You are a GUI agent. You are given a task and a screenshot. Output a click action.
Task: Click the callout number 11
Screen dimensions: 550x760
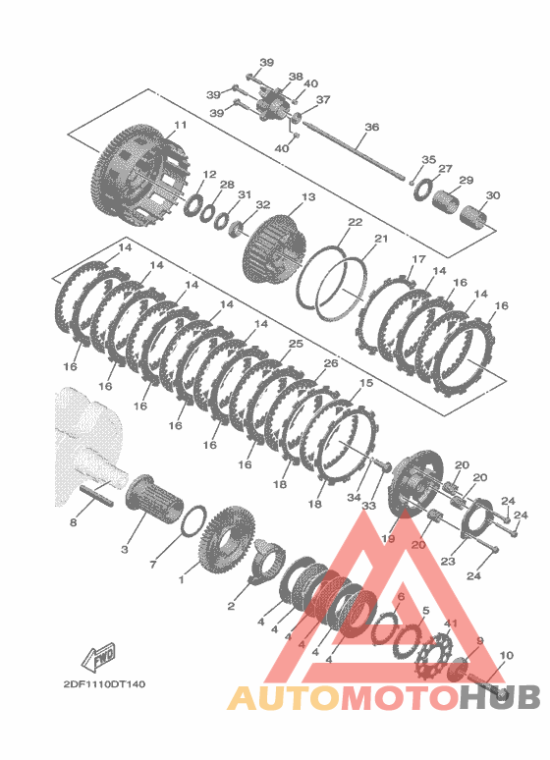click(x=180, y=125)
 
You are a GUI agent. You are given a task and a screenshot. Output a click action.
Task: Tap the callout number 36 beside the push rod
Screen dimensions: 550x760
click(x=371, y=127)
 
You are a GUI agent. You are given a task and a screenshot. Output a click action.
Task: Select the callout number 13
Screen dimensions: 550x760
click(x=308, y=197)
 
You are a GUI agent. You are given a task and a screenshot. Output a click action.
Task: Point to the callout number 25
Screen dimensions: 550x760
click(x=296, y=344)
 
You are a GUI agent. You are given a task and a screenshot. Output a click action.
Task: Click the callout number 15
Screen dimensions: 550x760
click(x=366, y=383)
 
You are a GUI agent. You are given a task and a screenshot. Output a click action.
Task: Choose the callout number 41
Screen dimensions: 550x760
click(x=451, y=623)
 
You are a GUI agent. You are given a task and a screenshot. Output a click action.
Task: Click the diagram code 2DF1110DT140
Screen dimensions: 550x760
click(x=104, y=684)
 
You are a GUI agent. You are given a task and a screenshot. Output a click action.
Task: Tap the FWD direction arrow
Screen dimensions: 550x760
click(x=98, y=657)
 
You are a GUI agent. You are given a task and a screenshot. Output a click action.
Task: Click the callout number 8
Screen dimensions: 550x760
click(x=74, y=522)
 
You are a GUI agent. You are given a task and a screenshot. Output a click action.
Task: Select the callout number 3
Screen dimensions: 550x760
click(x=125, y=550)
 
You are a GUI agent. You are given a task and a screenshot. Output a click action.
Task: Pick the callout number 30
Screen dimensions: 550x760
click(x=493, y=195)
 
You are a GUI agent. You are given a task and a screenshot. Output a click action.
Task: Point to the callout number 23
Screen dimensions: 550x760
click(x=448, y=561)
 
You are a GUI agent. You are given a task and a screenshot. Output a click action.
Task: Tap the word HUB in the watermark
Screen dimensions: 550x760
click(x=500, y=697)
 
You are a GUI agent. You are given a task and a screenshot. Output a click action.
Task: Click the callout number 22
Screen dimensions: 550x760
click(x=355, y=222)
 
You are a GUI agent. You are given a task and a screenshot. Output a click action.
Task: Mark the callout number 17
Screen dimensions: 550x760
click(x=418, y=259)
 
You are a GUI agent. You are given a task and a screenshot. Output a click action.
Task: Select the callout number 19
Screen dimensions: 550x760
click(x=388, y=538)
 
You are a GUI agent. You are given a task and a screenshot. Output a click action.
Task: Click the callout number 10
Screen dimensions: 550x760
click(x=506, y=655)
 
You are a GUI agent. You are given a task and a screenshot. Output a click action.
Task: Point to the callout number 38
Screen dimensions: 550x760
click(x=296, y=77)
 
